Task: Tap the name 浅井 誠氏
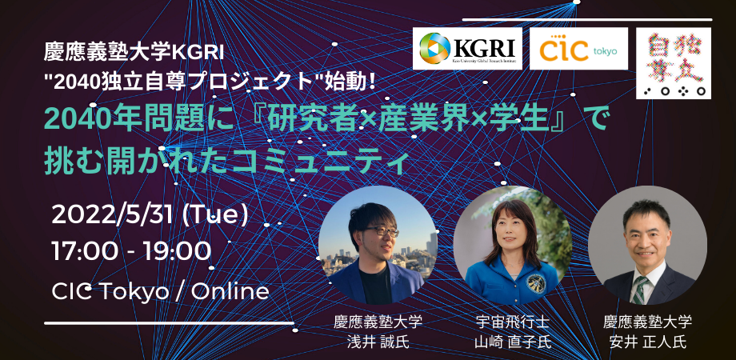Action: [x=378, y=342]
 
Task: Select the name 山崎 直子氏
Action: [x=512, y=342]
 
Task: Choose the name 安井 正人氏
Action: [x=647, y=342]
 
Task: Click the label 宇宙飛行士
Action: [x=512, y=322]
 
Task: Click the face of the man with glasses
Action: [x=375, y=231]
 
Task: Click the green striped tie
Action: [x=640, y=287]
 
